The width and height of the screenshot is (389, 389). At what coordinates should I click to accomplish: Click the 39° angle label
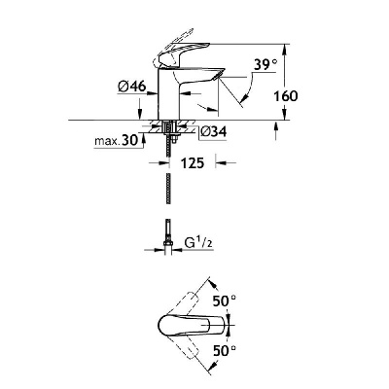click(x=265, y=64)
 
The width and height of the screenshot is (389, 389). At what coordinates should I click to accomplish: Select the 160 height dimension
click(x=286, y=96)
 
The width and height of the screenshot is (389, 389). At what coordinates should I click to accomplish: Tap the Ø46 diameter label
click(x=132, y=87)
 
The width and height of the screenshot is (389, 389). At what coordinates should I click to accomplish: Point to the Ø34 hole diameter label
click(x=213, y=132)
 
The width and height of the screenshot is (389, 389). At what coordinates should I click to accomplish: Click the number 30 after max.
click(x=129, y=141)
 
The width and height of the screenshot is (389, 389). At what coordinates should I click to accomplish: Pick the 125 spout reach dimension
click(x=193, y=163)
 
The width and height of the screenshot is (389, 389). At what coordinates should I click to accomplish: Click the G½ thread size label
click(x=198, y=243)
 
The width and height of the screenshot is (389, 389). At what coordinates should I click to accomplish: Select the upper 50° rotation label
click(x=225, y=301)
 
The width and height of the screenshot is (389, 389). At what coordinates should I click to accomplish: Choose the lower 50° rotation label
click(x=225, y=350)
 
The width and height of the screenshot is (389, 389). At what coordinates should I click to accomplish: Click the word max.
click(x=107, y=142)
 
